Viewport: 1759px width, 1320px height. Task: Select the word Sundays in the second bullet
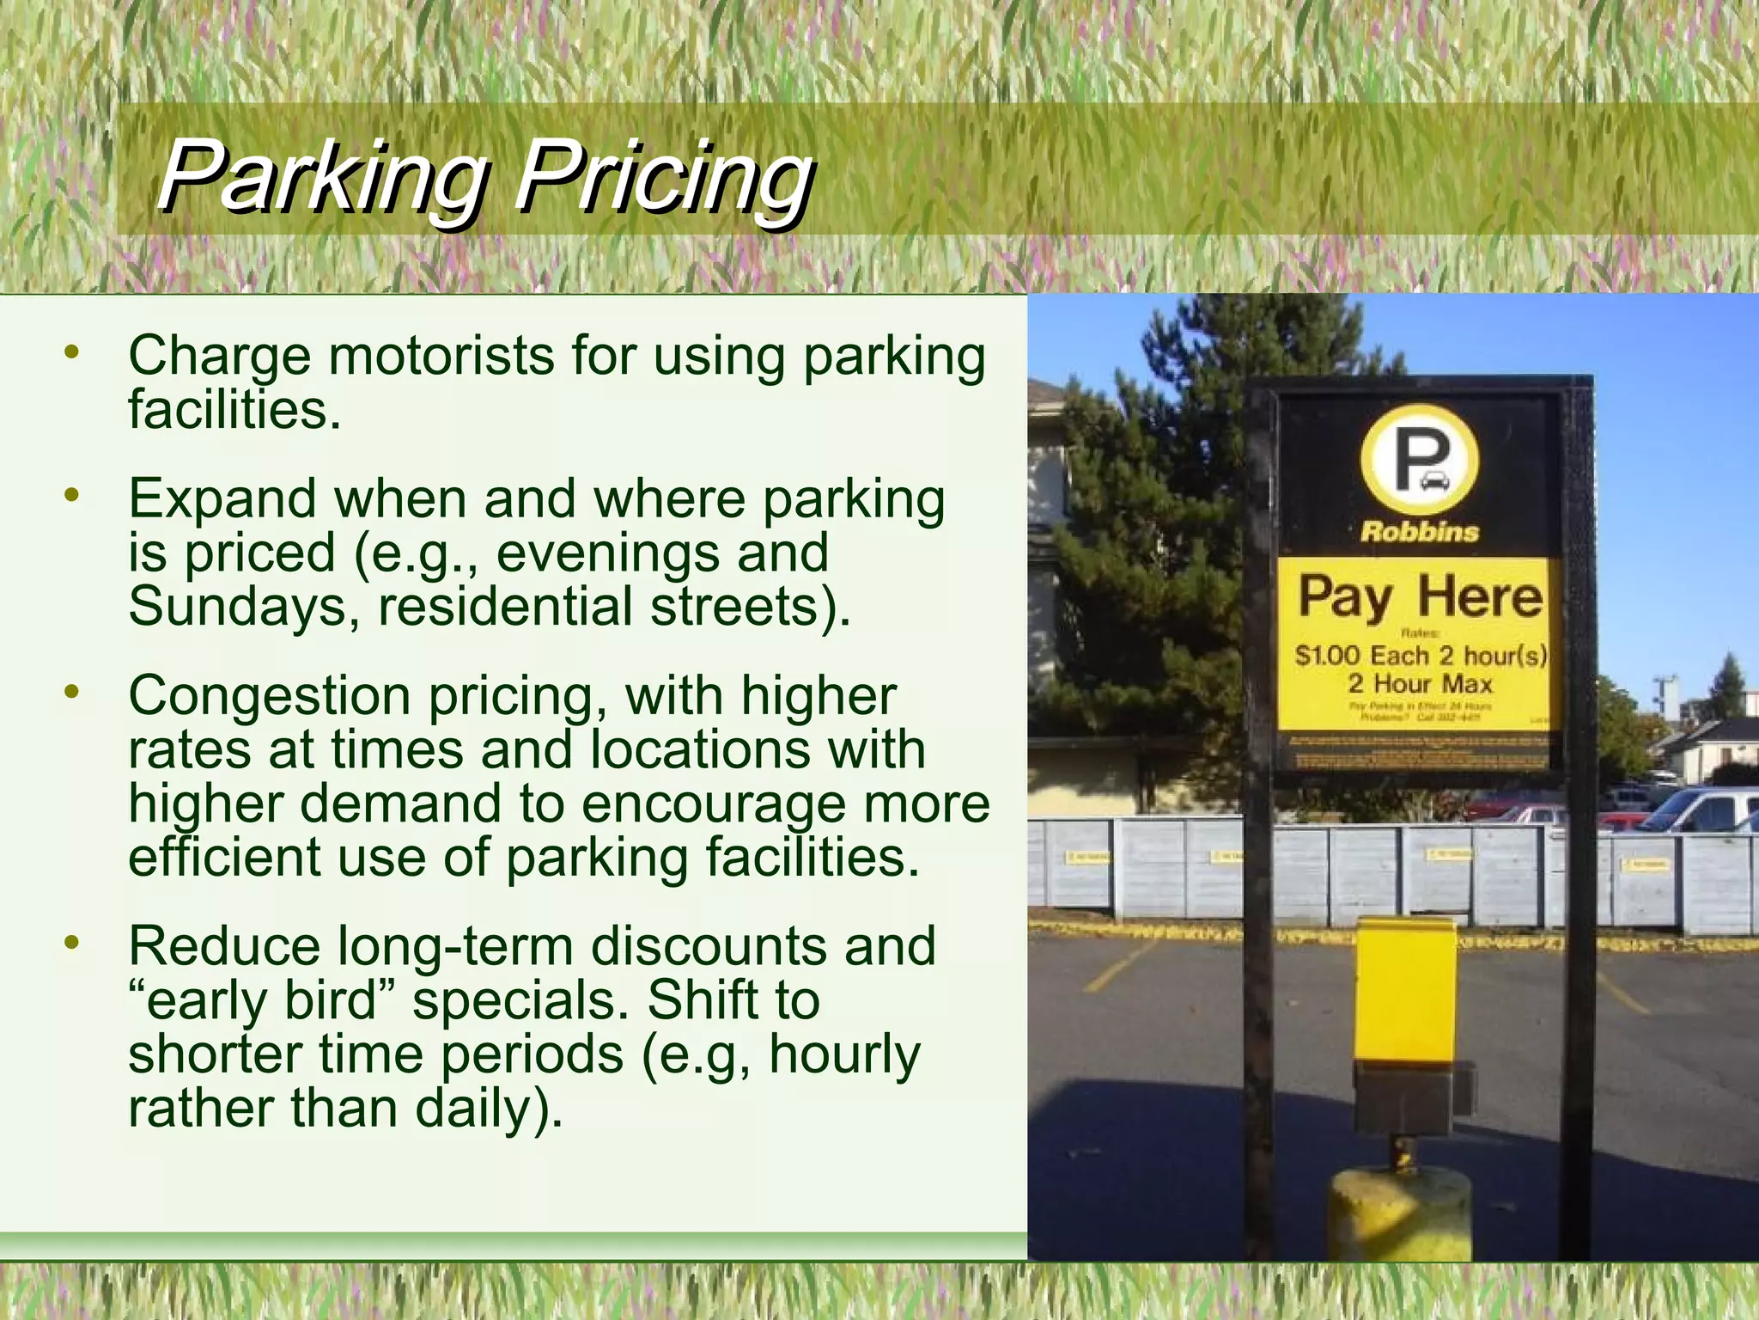pyautogui.click(x=244, y=607)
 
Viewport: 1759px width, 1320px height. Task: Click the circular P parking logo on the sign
pyautogui.click(x=1420, y=459)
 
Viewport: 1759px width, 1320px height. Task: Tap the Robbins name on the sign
pyautogui.click(x=1420, y=531)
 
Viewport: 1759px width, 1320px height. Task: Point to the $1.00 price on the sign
pyautogui.click(x=1327, y=656)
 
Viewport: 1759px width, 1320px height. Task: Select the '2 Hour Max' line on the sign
pyautogui.click(x=1420, y=684)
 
